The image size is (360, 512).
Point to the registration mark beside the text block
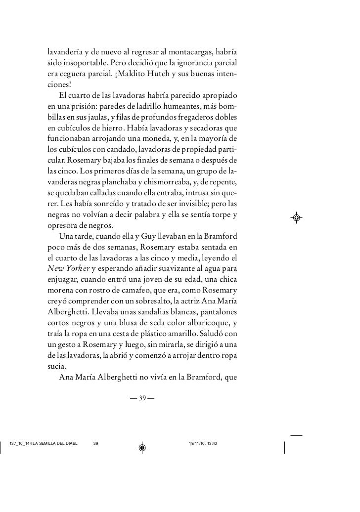pos(296,217)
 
